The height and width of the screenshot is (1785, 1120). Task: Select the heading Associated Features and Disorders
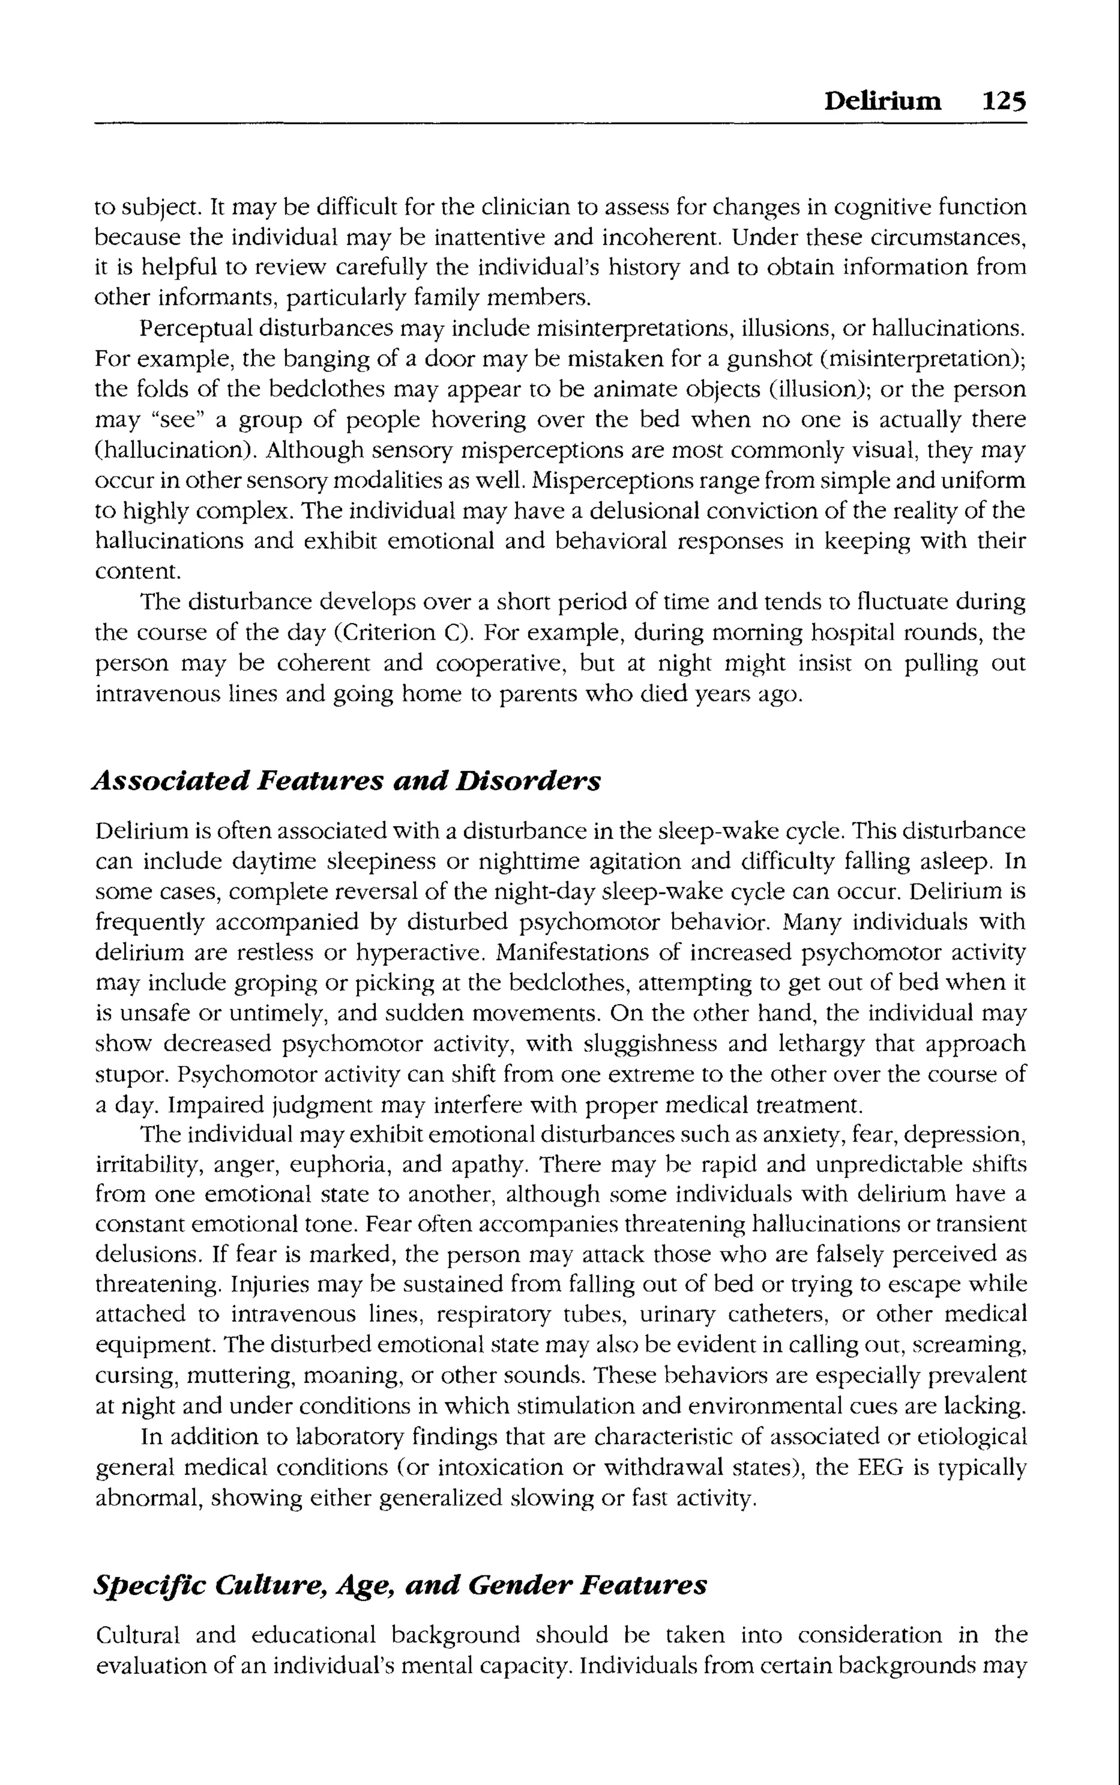(346, 780)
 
